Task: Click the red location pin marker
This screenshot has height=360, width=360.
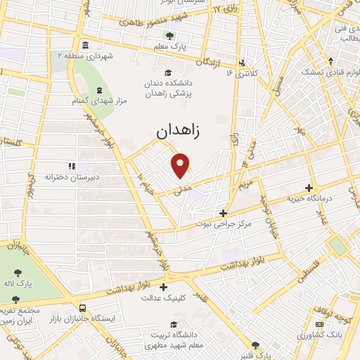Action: click(181, 165)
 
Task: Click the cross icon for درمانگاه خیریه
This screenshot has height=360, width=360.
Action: click(309, 188)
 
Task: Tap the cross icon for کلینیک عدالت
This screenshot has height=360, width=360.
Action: click(164, 287)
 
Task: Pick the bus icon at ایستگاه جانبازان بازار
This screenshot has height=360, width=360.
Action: click(83, 309)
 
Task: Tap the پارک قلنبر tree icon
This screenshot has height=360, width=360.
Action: click(255, 345)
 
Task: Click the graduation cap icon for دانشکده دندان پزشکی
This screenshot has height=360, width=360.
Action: click(167, 72)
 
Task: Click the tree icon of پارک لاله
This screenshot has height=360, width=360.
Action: click(17, 271)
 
